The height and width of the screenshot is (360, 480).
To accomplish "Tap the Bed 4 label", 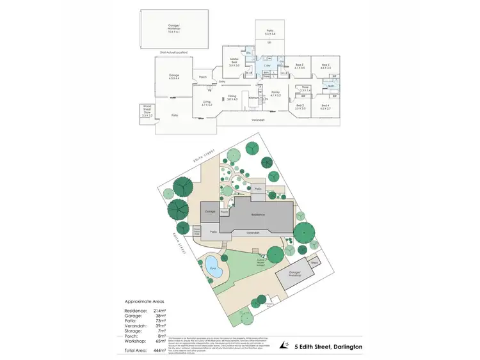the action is click(325, 107).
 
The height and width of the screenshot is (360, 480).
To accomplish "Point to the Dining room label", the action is click(232, 98).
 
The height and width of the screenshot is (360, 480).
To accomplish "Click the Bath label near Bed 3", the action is click(332, 86).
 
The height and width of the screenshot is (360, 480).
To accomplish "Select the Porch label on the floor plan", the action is click(202, 77).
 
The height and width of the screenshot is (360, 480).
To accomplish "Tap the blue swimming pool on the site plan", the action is click(214, 264).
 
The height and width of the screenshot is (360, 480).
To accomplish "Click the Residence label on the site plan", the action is click(258, 214).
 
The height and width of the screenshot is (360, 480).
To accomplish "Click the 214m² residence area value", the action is click(159, 310).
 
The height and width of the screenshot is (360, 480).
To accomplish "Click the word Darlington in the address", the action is click(344, 346).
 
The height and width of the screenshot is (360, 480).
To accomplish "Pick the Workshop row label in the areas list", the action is click(134, 341).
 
